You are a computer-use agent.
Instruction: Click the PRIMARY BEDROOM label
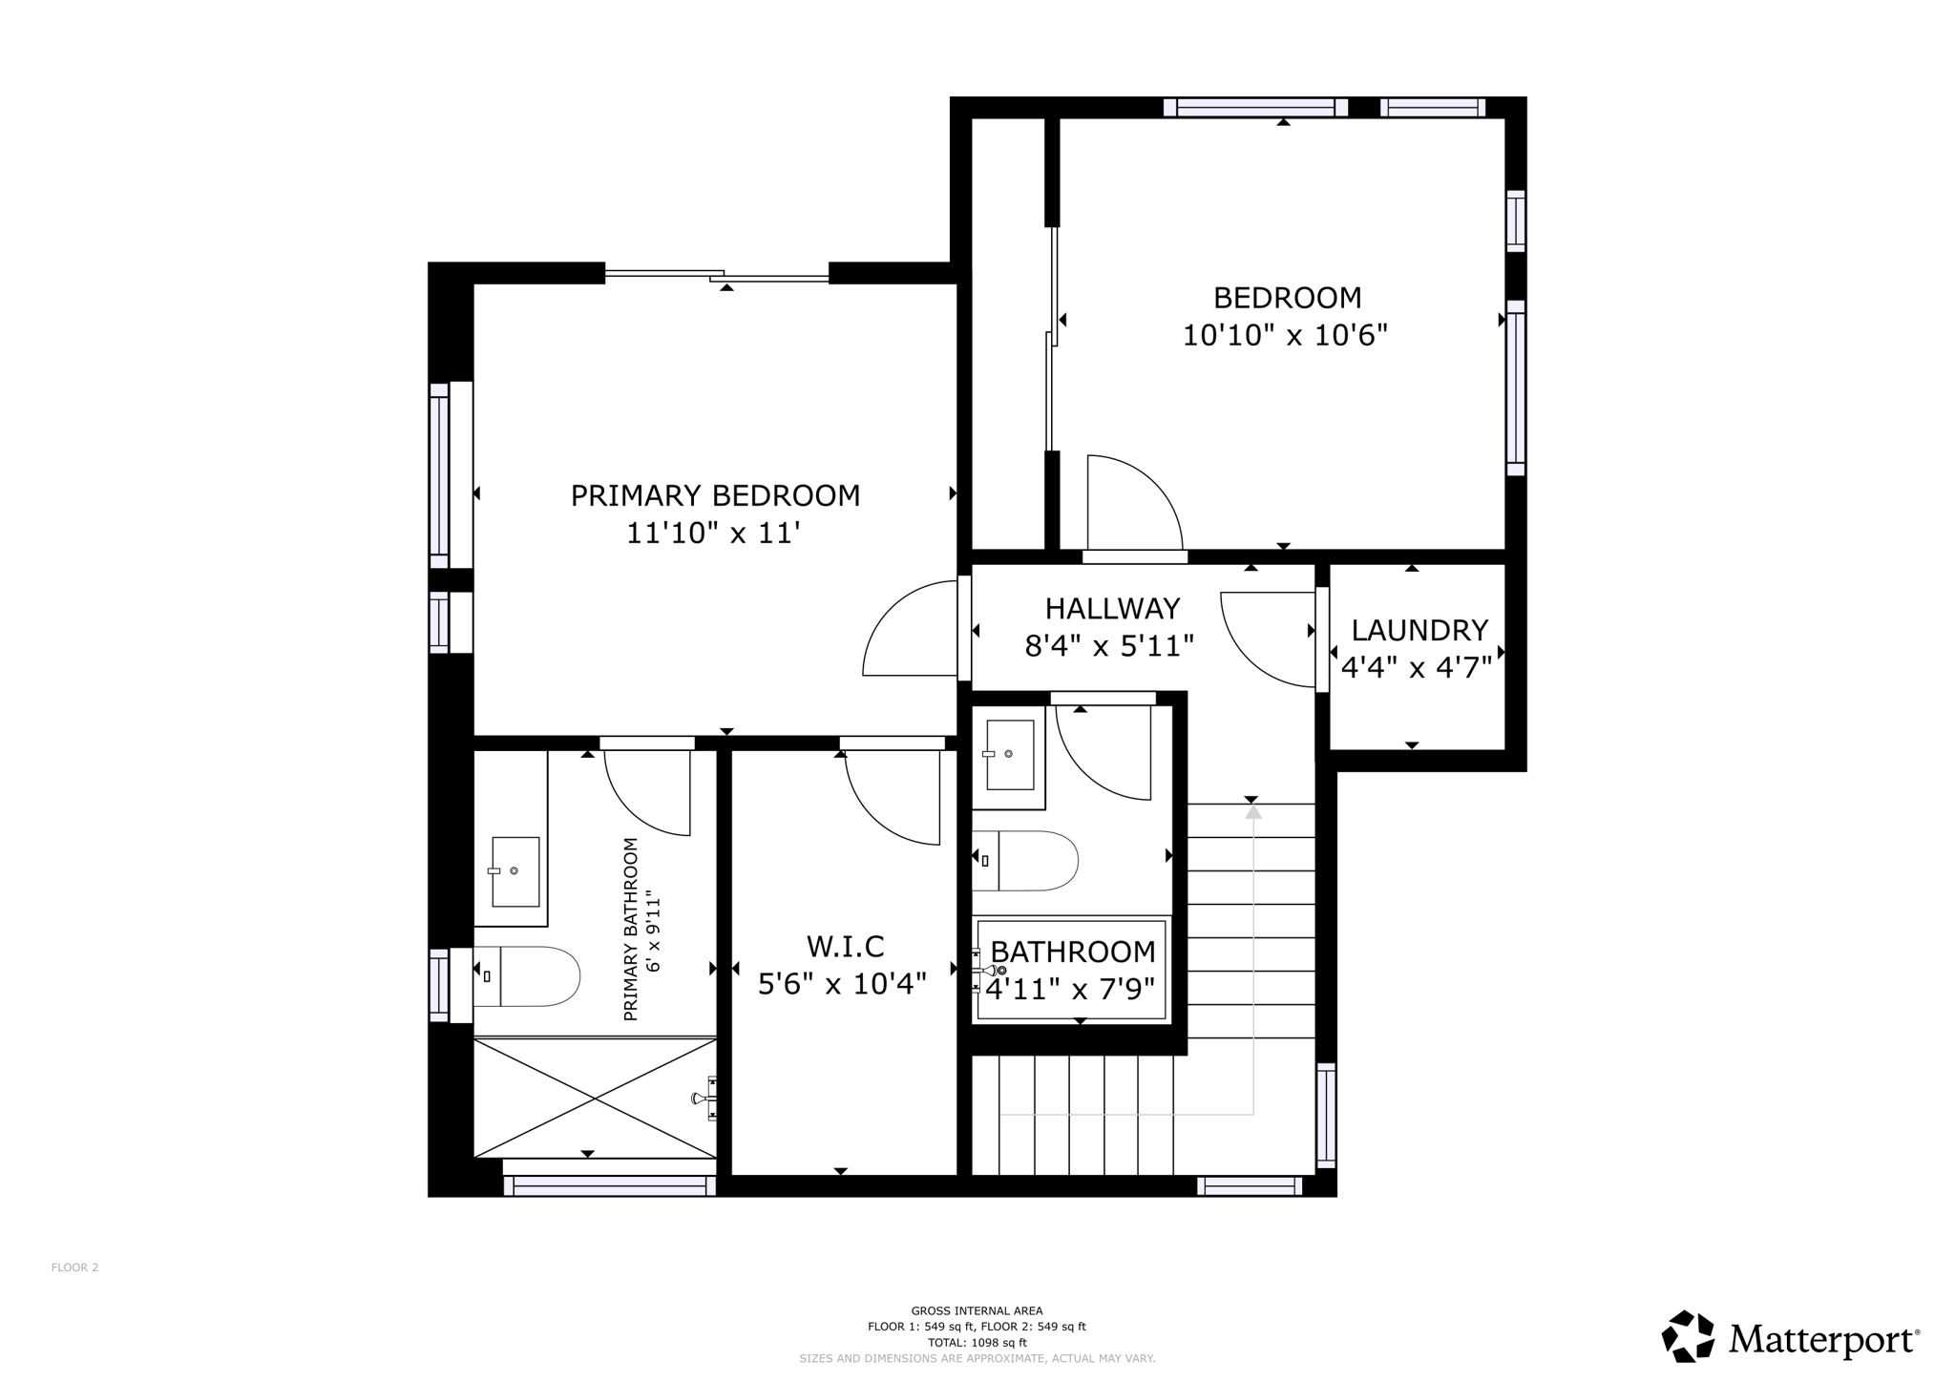[715, 496]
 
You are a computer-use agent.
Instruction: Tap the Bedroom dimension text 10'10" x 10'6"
[1285, 336]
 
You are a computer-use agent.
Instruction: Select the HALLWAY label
[1112, 609]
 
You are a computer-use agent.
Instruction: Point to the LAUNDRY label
[1419, 630]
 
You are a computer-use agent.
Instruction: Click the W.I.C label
[845, 947]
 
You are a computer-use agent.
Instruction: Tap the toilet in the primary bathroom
[527, 976]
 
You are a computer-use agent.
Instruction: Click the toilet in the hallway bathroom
[1025, 861]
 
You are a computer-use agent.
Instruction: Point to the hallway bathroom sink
[1009, 755]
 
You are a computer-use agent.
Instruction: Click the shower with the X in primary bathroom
[595, 1098]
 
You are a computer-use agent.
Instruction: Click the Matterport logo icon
[1689, 1337]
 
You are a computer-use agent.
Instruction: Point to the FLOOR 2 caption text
[75, 1267]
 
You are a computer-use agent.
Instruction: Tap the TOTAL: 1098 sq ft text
[977, 1342]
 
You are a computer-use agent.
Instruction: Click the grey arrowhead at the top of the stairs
[1253, 811]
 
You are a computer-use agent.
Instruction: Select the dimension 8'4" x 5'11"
[1109, 647]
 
